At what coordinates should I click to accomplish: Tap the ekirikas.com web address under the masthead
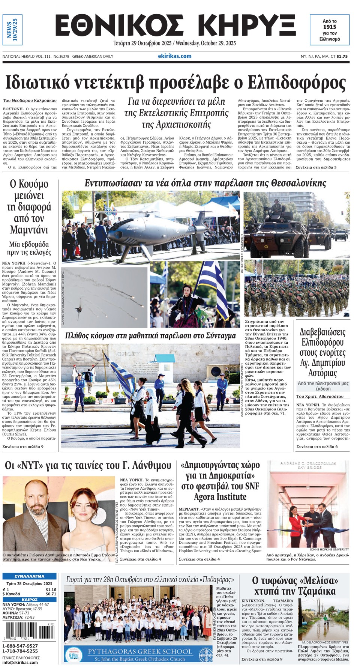click(x=174, y=56)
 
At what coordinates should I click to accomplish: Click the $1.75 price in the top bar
click(x=342, y=56)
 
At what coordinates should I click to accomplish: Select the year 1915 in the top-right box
click(x=329, y=27)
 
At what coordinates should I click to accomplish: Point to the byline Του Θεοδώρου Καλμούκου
click(x=30, y=101)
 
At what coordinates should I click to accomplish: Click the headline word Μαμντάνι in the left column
click(x=29, y=229)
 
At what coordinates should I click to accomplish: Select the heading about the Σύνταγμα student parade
click(x=150, y=335)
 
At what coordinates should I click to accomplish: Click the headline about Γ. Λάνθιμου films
click(x=88, y=466)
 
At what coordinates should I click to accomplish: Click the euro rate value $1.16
click(x=51, y=589)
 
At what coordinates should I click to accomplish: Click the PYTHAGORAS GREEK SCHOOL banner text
click(x=139, y=651)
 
